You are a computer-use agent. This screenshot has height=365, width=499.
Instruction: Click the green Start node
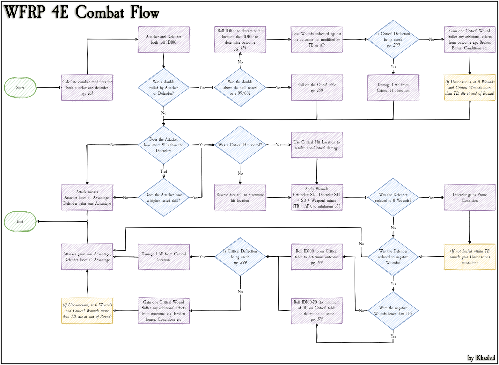(20, 88)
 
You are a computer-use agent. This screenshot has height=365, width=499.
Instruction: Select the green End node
(20, 221)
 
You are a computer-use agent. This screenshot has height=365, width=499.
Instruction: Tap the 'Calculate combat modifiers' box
(87, 88)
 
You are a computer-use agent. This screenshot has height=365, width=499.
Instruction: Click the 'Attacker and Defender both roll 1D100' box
(164, 40)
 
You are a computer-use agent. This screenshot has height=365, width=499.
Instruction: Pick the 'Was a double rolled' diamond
(164, 88)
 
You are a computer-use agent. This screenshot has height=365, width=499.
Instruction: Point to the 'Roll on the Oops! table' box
(317, 88)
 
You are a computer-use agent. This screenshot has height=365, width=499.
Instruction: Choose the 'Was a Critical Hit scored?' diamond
(240, 145)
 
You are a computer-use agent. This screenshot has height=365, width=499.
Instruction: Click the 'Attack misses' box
(87, 198)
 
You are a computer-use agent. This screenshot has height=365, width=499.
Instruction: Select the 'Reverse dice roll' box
(240, 198)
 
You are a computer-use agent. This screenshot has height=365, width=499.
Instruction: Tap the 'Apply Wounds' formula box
(317, 198)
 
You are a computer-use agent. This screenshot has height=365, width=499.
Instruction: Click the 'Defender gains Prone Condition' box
(470, 198)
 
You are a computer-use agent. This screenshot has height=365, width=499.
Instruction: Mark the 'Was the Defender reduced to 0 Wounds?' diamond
(393, 198)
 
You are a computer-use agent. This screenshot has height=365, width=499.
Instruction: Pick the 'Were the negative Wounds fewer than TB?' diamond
(393, 311)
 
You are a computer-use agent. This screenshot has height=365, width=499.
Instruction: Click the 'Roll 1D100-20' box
(317, 311)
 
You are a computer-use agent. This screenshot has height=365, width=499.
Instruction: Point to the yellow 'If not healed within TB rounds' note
(470, 257)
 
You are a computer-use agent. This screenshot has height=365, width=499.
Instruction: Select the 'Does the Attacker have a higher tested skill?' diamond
(164, 198)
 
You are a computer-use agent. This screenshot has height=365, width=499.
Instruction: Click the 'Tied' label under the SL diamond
(164, 172)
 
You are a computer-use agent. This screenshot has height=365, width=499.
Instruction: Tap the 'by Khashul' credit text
(481, 358)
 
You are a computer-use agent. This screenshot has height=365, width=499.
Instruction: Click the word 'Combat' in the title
(99, 13)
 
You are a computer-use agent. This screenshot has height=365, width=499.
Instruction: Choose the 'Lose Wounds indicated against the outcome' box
(317, 40)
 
